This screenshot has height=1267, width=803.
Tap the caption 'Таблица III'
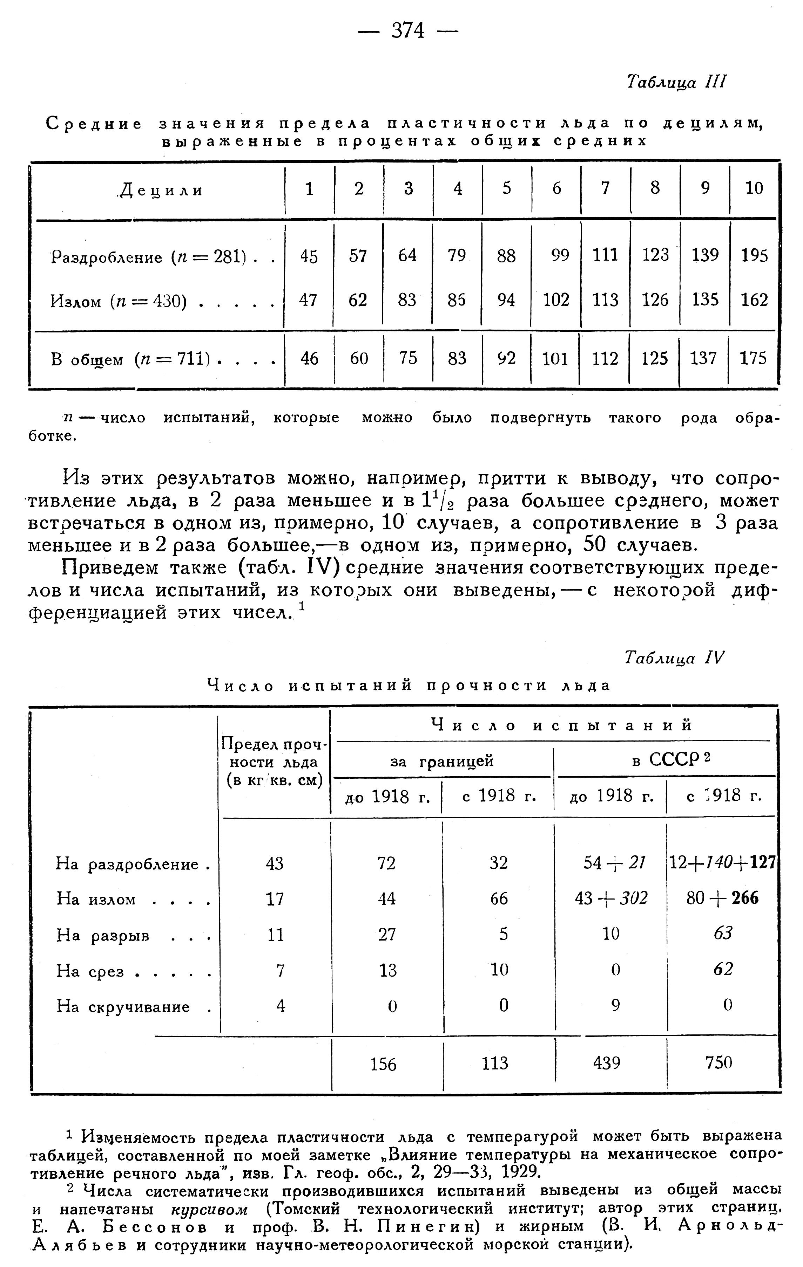[x=676, y=82]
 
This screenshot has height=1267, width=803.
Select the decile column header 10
[x=754, y=188]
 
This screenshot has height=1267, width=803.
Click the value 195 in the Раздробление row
[x=754, y=256]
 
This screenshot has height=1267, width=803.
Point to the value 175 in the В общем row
[x=753, y=359]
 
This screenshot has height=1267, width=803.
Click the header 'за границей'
[x=442, y=762]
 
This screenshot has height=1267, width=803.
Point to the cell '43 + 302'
[x=611, y=898]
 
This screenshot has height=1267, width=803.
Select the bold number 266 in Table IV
[x=744, y=898]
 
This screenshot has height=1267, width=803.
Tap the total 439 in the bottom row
[x=607, y=1063]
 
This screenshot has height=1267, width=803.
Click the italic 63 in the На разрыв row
[x=723, y=934]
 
